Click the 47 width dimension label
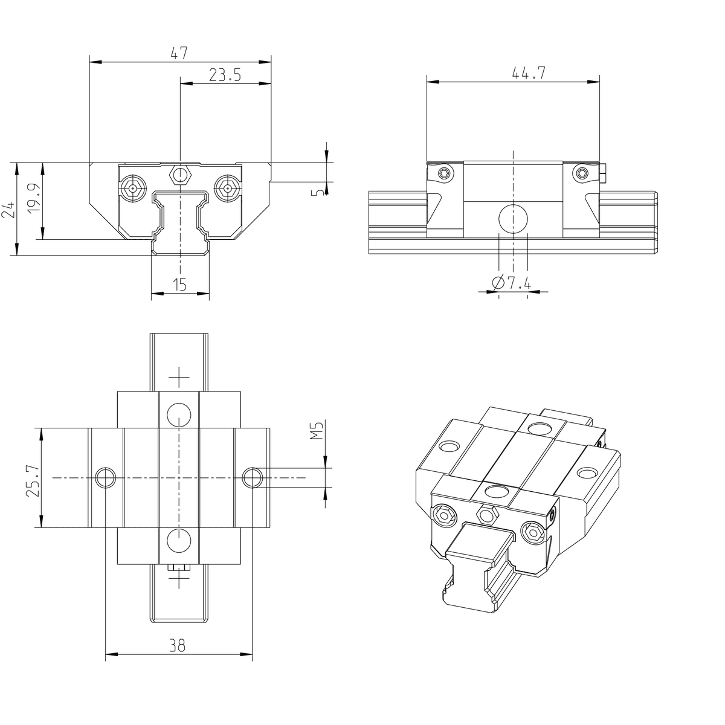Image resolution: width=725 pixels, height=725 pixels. click(x=179, y=53)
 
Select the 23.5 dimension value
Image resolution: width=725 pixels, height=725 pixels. click(x=225, y=75)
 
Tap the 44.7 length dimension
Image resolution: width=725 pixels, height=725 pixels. click(x=529, y=73)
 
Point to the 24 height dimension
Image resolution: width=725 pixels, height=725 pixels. click(x=9, y=210)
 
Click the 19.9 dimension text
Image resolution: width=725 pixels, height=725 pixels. click(x=34, y=197)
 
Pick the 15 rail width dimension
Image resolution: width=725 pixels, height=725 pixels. click(x=180, y=285)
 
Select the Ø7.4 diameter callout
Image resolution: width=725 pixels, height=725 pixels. click(x=511, y=283)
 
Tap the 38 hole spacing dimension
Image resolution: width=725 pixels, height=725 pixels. click(x=177, y=645)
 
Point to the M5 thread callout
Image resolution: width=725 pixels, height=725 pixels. click(x=318, y=431)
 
